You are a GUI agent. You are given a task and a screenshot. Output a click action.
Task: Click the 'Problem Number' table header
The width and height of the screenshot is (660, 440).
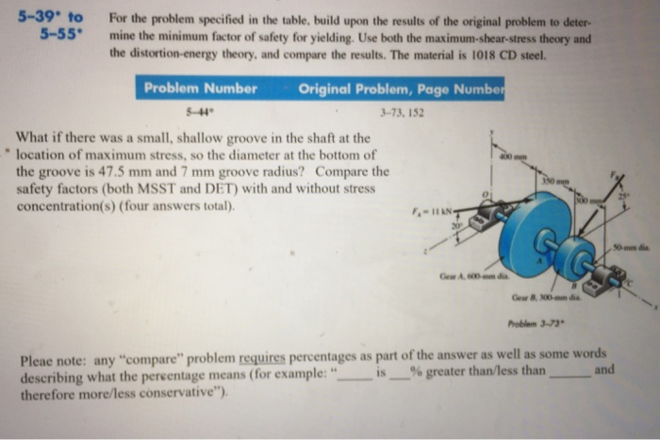pyautogui.click(x=200, y=89)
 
